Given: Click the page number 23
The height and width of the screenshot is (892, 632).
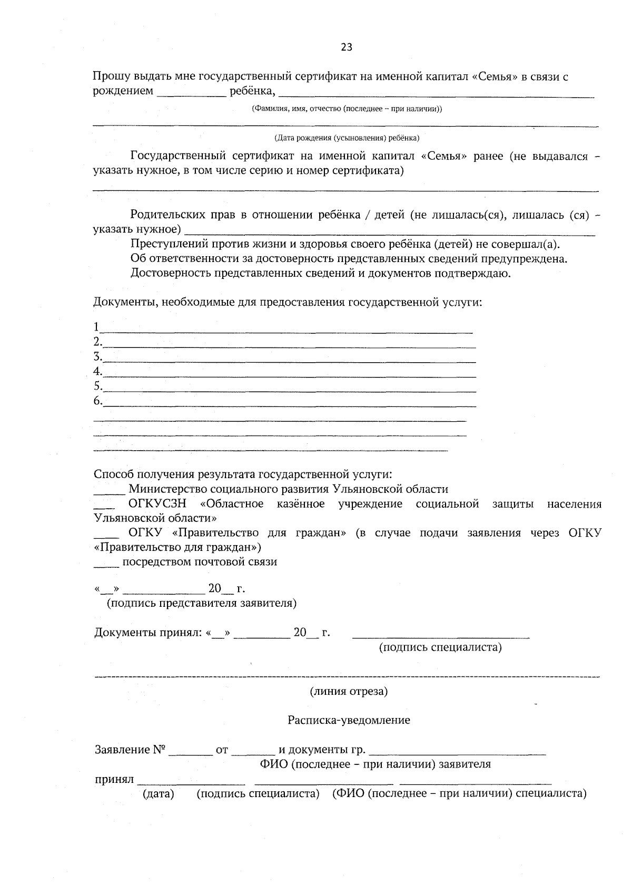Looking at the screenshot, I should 346,47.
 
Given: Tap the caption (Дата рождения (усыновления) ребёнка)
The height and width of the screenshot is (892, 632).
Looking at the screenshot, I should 347,138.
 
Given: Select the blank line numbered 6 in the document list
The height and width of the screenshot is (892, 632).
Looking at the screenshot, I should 289,404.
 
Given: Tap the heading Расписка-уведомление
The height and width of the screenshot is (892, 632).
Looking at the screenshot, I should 349,720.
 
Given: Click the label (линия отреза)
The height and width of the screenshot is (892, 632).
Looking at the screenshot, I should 349,691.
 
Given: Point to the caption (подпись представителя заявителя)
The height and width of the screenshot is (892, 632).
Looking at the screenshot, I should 201,603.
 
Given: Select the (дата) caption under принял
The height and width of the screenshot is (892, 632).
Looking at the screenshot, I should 158,794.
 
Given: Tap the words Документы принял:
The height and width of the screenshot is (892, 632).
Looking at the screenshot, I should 148,633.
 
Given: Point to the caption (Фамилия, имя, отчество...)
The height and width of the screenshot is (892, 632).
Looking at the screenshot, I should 347,109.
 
